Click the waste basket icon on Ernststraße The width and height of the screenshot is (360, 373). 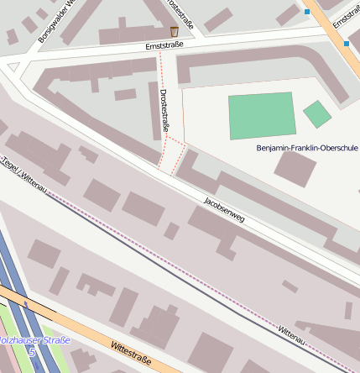tap(174, 32)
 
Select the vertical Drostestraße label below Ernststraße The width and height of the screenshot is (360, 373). tap(165, 110)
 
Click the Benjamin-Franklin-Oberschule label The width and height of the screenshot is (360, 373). tap(306, 148)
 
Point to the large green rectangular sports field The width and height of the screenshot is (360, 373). tap(262, 116)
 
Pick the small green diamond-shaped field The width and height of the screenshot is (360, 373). tap(317, 113)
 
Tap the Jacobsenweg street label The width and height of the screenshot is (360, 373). tap(224, 210)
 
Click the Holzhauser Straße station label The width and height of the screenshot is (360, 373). tap(34, 340)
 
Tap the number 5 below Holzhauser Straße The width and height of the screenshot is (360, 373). tap(32, 352)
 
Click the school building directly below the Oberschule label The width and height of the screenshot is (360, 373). tap(295, 168)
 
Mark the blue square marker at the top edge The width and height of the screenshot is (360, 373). tap(307, 12)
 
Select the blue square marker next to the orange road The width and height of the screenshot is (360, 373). tap(346, 43)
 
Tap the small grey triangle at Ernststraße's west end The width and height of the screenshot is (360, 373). tap(13, 66)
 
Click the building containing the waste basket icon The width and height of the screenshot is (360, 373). tap(138, 34)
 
